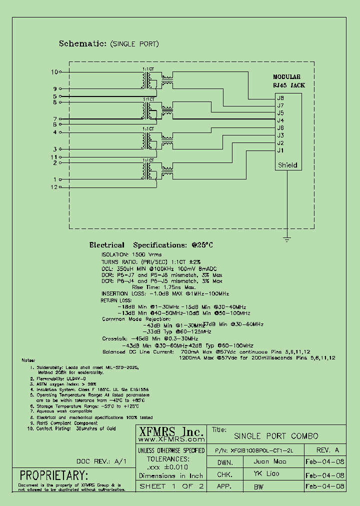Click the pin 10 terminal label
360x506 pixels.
pos(54,72)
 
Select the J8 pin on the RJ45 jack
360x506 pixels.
pos(280,98)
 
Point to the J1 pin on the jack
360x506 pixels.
pos(280,150)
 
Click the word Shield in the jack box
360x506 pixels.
pos(287,165)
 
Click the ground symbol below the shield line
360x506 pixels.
pos(287,233)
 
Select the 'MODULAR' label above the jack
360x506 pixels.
pos(286,77)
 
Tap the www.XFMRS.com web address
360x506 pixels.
pos(170,440)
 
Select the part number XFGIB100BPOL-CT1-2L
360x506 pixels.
pos(265,450)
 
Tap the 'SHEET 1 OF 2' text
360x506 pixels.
pos(171,486)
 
